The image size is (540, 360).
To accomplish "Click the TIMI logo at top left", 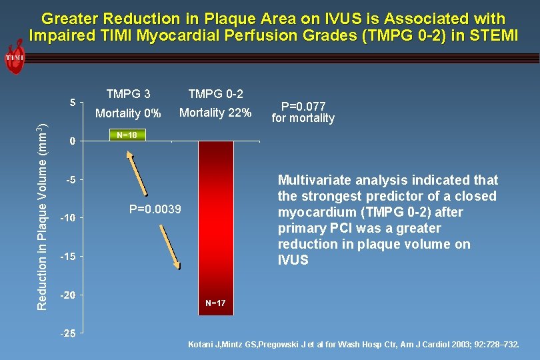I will click(15, 57).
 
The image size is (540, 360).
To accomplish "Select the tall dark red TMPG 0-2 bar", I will click(215, 220).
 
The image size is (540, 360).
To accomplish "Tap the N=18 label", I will click(126, 135).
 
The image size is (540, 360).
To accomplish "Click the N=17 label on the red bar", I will click(215, 303).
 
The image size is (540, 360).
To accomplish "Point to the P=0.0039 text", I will click(155, 209).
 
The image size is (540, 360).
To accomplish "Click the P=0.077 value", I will click(303, 106).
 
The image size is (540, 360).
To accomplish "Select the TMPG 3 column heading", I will click(128, 94).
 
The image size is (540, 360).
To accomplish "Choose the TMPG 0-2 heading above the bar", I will click(215, 94).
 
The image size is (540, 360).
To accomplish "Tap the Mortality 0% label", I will click(128, 113).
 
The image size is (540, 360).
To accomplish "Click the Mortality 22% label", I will click(215, 113).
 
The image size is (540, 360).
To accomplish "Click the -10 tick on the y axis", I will click(69, 218).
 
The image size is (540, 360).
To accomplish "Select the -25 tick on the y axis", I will click(69, 333).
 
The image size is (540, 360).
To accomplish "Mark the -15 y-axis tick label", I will click(69, 257).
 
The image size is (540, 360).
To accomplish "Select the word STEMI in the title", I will click(494, 35).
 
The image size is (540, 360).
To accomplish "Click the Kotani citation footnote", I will click(353, 345).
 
